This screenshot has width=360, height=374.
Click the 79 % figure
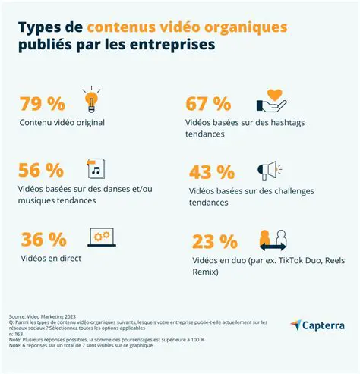(43, 102)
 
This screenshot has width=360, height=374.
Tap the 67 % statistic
(208, 102)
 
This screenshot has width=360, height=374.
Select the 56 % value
(43, 171)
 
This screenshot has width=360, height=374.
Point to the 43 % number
(208, 171)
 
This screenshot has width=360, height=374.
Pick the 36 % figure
(43, 239)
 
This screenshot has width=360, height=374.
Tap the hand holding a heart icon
(271, 101)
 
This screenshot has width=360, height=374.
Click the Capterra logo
(317, 325)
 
